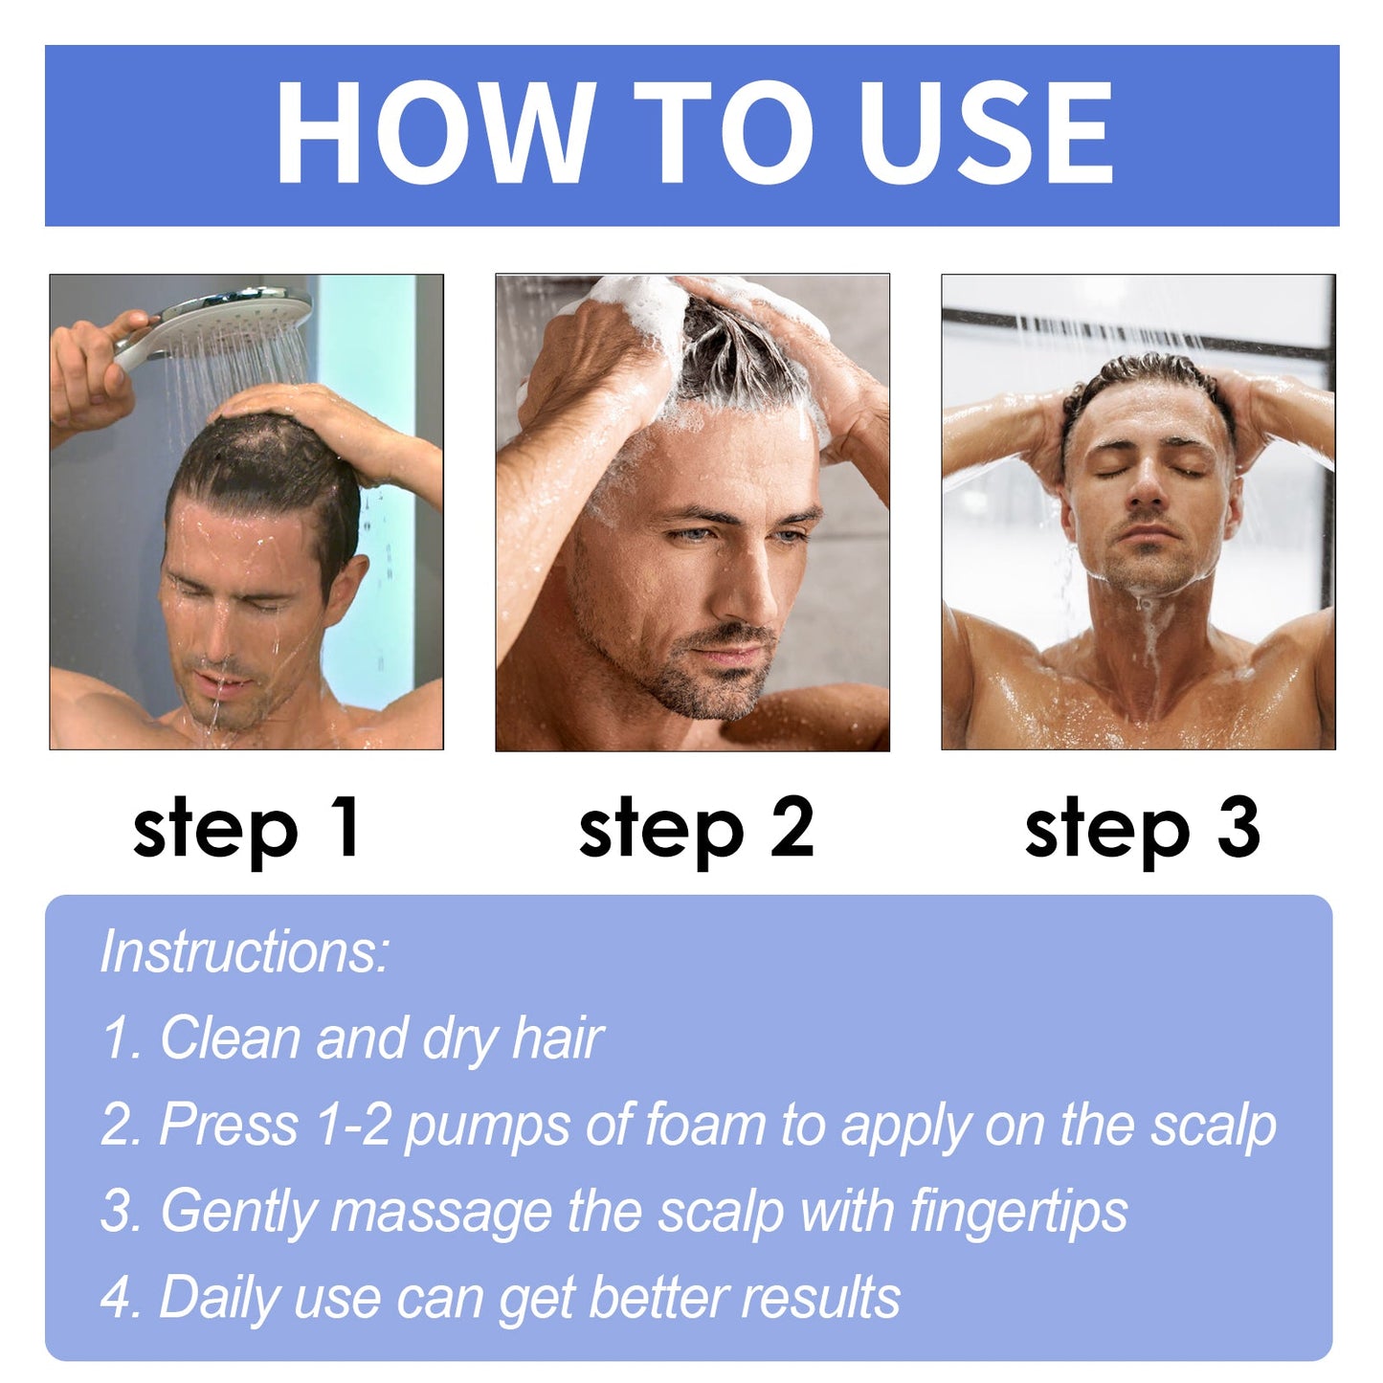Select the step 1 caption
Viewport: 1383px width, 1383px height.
[x=247, y=829]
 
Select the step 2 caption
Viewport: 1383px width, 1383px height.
[x=696, y=829]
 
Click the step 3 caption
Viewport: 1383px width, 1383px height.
[x=1142, y=829]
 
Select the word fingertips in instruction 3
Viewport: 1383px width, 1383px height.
[x=1018, y=1211]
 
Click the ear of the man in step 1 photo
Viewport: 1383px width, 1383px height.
[x=346, y=587]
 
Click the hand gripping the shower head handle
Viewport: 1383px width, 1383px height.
[x=91, y=368]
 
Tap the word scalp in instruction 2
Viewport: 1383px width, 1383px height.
[x=1214, y=1124]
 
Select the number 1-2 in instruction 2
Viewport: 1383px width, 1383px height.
[x=353, y=1124]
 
